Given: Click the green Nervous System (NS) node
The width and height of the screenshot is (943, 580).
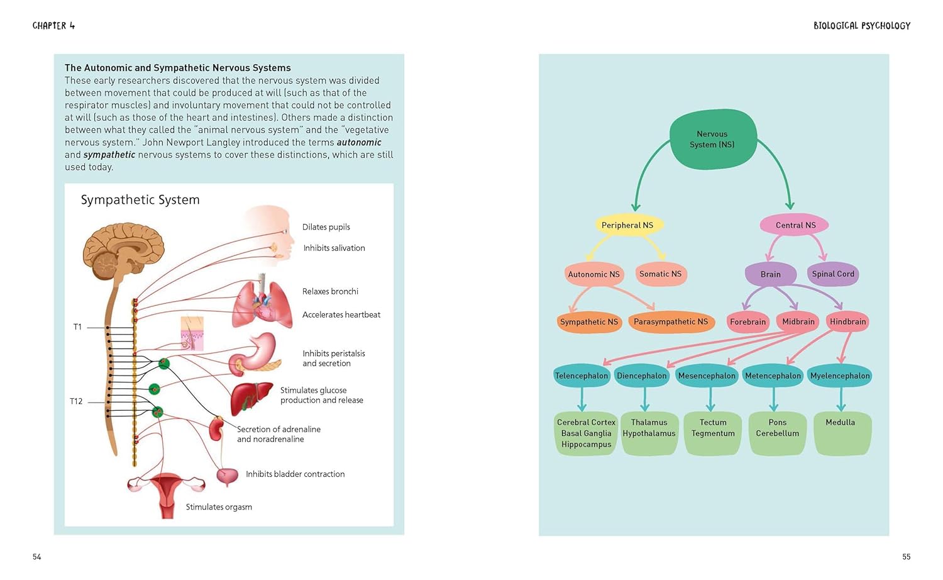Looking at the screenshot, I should click(712, 139).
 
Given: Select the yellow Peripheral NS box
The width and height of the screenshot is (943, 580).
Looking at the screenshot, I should click(627, 225).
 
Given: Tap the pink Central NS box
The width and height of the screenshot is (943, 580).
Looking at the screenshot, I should click(795, 225).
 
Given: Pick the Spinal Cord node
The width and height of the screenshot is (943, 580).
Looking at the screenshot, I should click(833, 274).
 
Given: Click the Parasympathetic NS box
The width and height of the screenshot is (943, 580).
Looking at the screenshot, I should click(671, 322).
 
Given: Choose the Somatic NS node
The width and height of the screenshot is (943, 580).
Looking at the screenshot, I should click(660, 274).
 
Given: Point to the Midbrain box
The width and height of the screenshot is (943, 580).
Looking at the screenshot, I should click(798, 322).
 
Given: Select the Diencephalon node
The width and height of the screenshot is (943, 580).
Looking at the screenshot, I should click(641, 376).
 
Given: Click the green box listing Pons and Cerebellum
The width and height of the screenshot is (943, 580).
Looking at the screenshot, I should click(778, 433).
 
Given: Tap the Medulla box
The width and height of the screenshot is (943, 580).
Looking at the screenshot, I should click(841, 433).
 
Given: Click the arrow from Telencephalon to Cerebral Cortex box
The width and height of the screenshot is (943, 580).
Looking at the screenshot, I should click(582, 399).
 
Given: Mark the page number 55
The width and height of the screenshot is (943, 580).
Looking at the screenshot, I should click(906, 557).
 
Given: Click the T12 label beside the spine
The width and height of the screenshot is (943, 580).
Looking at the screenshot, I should click(76, 401).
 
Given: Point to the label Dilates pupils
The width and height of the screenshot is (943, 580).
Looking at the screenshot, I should click(326, 227).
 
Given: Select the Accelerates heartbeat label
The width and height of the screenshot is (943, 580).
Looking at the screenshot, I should click(341, 315).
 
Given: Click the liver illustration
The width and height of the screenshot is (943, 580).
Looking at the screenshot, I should click(250, 398).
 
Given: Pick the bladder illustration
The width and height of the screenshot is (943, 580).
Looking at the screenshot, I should click(227, 476).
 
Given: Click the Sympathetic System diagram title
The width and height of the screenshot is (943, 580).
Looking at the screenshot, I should click(140, 200).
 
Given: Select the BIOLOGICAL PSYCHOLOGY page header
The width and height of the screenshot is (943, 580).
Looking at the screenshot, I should click(861, 26).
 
